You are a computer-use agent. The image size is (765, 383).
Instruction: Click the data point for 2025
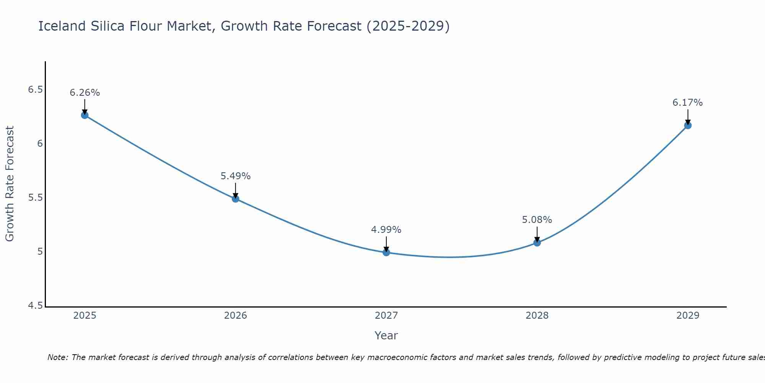pyautogui.click(x=85, y=115)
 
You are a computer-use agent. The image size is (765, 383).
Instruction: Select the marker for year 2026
pyautogui.click(x=236, y=199)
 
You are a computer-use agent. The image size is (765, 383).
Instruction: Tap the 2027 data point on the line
pyautogui.click(x=386, y=252)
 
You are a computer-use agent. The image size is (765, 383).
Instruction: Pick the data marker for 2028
pyautogui.click(x=537, y=242)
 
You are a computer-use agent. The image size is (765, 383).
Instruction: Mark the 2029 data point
pyautogui.click(x=688, y=125)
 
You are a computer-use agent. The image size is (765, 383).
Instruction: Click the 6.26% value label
pyautogui.click(x=85, y=93)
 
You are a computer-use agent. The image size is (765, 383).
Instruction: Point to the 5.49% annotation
pyautogui.click(x=236, y=176)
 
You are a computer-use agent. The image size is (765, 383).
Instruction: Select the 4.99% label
pyautogui.click(x=386, y=230)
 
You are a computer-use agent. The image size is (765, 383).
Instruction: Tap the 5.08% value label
pyautogui.click(x=537, y=220)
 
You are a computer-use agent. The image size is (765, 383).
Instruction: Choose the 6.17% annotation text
pyautogui.click(x=688, y=103)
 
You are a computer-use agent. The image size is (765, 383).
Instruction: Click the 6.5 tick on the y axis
pyautogui.click(x=35, y=90)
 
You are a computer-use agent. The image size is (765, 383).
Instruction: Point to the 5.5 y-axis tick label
pyautogui.click(x=35, y=198)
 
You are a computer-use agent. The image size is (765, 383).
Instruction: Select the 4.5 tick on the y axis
pyautogui.click(x=35, y=306)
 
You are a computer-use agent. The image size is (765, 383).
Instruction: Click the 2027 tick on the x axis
pyautogui.click(x=386, y=316)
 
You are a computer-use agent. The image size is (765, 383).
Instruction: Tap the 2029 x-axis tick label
pyautogui.click(x=688, y=316)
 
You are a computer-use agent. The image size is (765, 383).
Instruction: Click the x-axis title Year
pyautogui.click(x=386, y=336)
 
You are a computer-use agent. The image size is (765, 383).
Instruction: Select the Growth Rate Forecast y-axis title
pyautogui.click(x=10, y=184)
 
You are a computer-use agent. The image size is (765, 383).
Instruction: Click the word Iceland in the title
pyautogui.click(x=62, y=26)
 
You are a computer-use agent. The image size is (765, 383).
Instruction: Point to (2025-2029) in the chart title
pyautogui.click(x=408, y=26)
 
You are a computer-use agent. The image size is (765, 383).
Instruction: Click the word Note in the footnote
pyautogui.click(x=57, y=357)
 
